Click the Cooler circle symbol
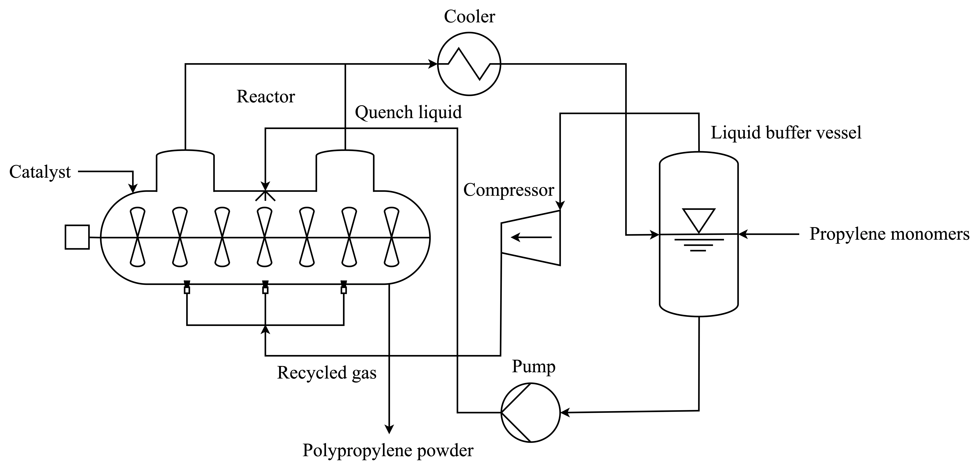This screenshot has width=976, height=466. pyautogui.click(x=469, y=64)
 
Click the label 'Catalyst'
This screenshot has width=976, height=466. pyautogui.click(x=40, y=172)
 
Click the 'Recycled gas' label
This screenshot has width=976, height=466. pyautogui.click(x=327, y=373)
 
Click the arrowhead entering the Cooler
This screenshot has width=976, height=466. pyautogui.click(x=433, y=64)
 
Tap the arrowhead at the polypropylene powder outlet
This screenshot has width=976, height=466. pyautogui.click(x=389, y=428)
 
